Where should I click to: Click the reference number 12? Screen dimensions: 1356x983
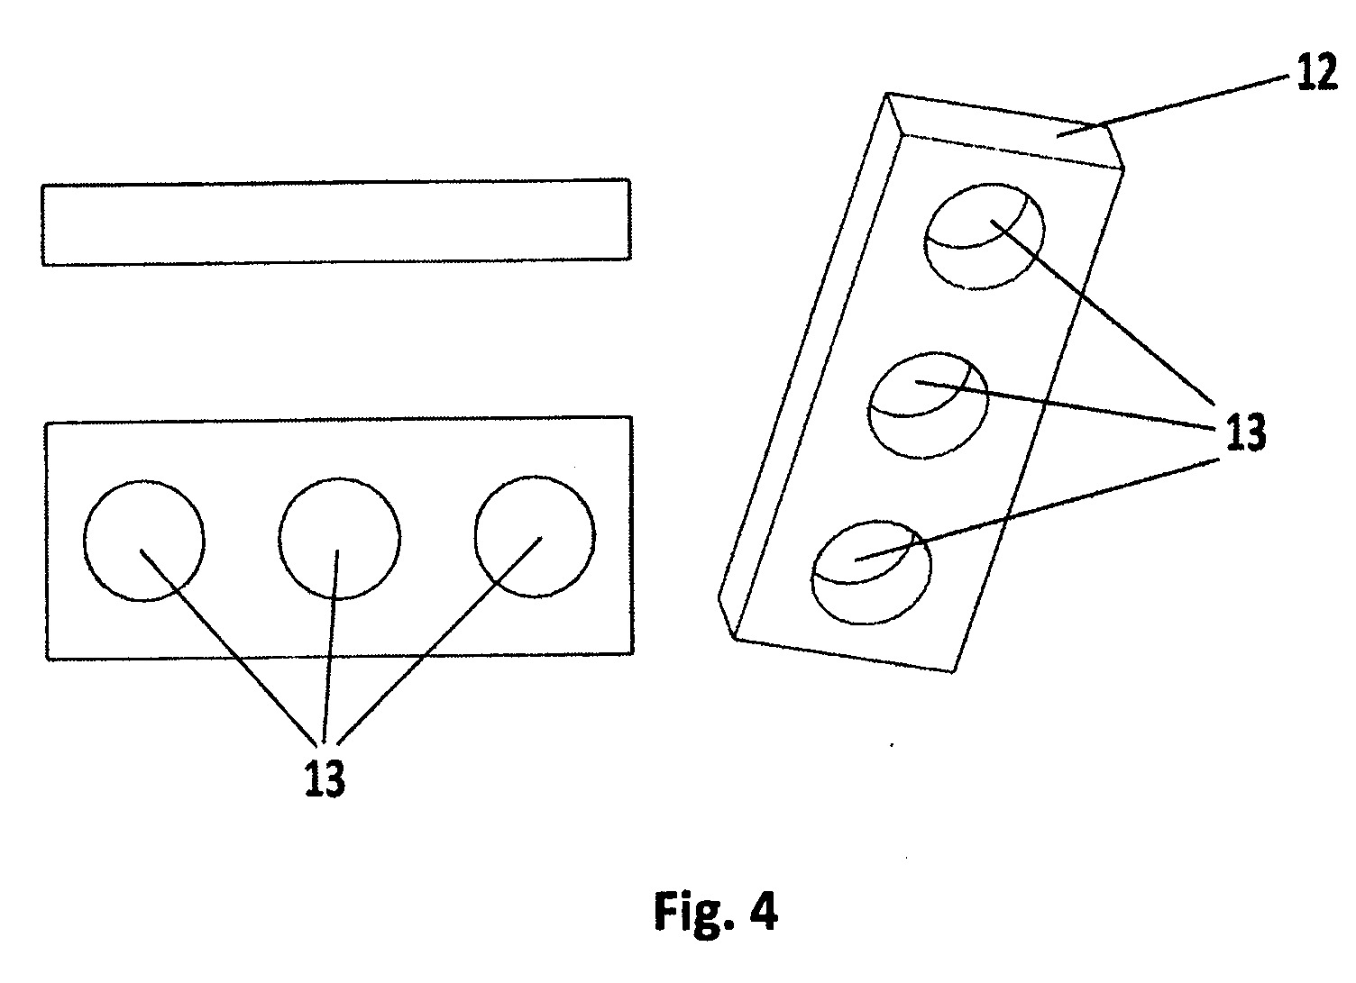(1316, 73)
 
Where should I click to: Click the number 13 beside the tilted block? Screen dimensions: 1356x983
(1246, 432)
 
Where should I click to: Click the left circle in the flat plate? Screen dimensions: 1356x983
(84, 541)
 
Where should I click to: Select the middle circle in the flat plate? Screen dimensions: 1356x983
(279, 539)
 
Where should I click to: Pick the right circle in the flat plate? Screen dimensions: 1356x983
(474, 536)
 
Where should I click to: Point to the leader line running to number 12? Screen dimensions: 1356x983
(1174, 114)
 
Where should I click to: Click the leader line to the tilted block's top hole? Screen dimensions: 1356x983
(1103, 312)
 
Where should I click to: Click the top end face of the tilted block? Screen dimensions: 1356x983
(1005, 132)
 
